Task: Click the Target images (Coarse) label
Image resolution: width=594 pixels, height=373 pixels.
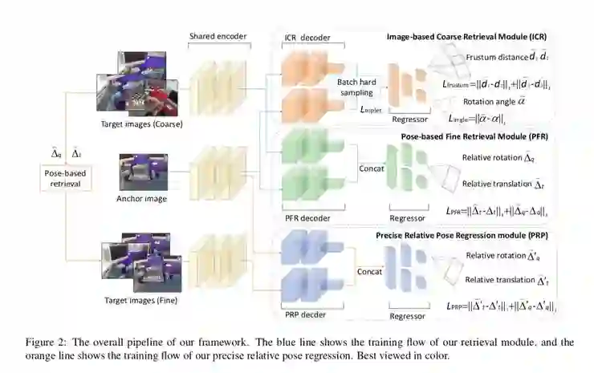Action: pos(143,124)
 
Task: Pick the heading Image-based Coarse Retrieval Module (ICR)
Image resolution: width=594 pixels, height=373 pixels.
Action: pos(466,37)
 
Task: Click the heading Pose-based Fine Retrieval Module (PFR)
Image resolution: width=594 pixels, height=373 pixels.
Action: pos(469,136)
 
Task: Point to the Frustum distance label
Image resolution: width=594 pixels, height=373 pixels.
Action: pos(494,57)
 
